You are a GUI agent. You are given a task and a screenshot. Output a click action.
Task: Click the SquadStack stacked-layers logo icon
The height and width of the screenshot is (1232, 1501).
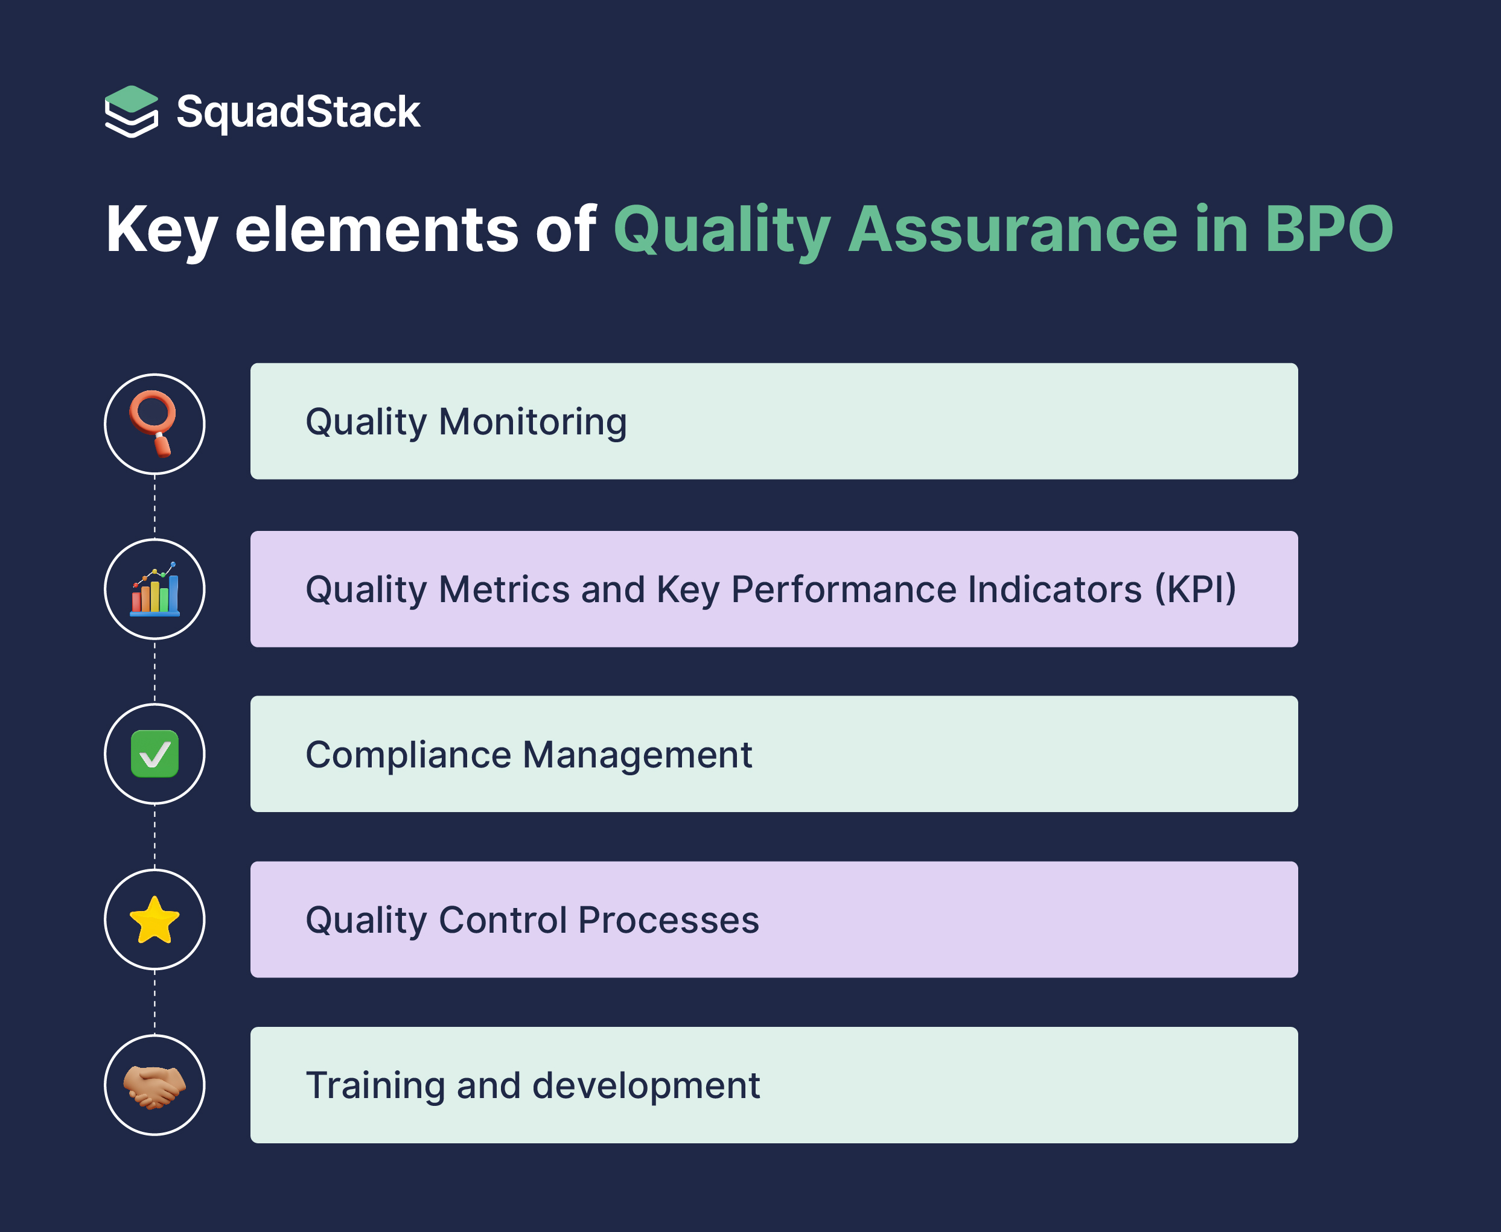[132, 112]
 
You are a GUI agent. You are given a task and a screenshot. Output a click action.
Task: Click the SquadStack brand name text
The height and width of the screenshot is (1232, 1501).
[298, 112]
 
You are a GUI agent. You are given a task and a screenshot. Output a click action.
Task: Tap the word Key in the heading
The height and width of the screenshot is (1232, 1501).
[161, 230]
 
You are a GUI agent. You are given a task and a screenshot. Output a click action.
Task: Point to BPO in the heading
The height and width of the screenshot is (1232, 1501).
[1329, 230]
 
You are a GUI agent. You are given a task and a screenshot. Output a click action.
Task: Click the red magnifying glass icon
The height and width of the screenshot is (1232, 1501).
[154, 423]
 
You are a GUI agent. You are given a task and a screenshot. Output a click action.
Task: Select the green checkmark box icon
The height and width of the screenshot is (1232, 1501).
[155, 754]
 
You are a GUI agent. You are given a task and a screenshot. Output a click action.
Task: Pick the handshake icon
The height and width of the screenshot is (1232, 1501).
[155, 1086]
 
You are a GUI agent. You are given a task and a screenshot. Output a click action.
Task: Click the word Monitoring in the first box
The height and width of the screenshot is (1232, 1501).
[532, 423]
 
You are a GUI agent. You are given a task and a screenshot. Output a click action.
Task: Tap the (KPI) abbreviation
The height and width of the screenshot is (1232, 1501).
[1196, 589]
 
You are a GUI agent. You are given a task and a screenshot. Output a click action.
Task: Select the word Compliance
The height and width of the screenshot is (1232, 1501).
[408, 754]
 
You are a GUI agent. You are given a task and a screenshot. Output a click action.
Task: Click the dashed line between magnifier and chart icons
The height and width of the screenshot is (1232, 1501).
[155, 506]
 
